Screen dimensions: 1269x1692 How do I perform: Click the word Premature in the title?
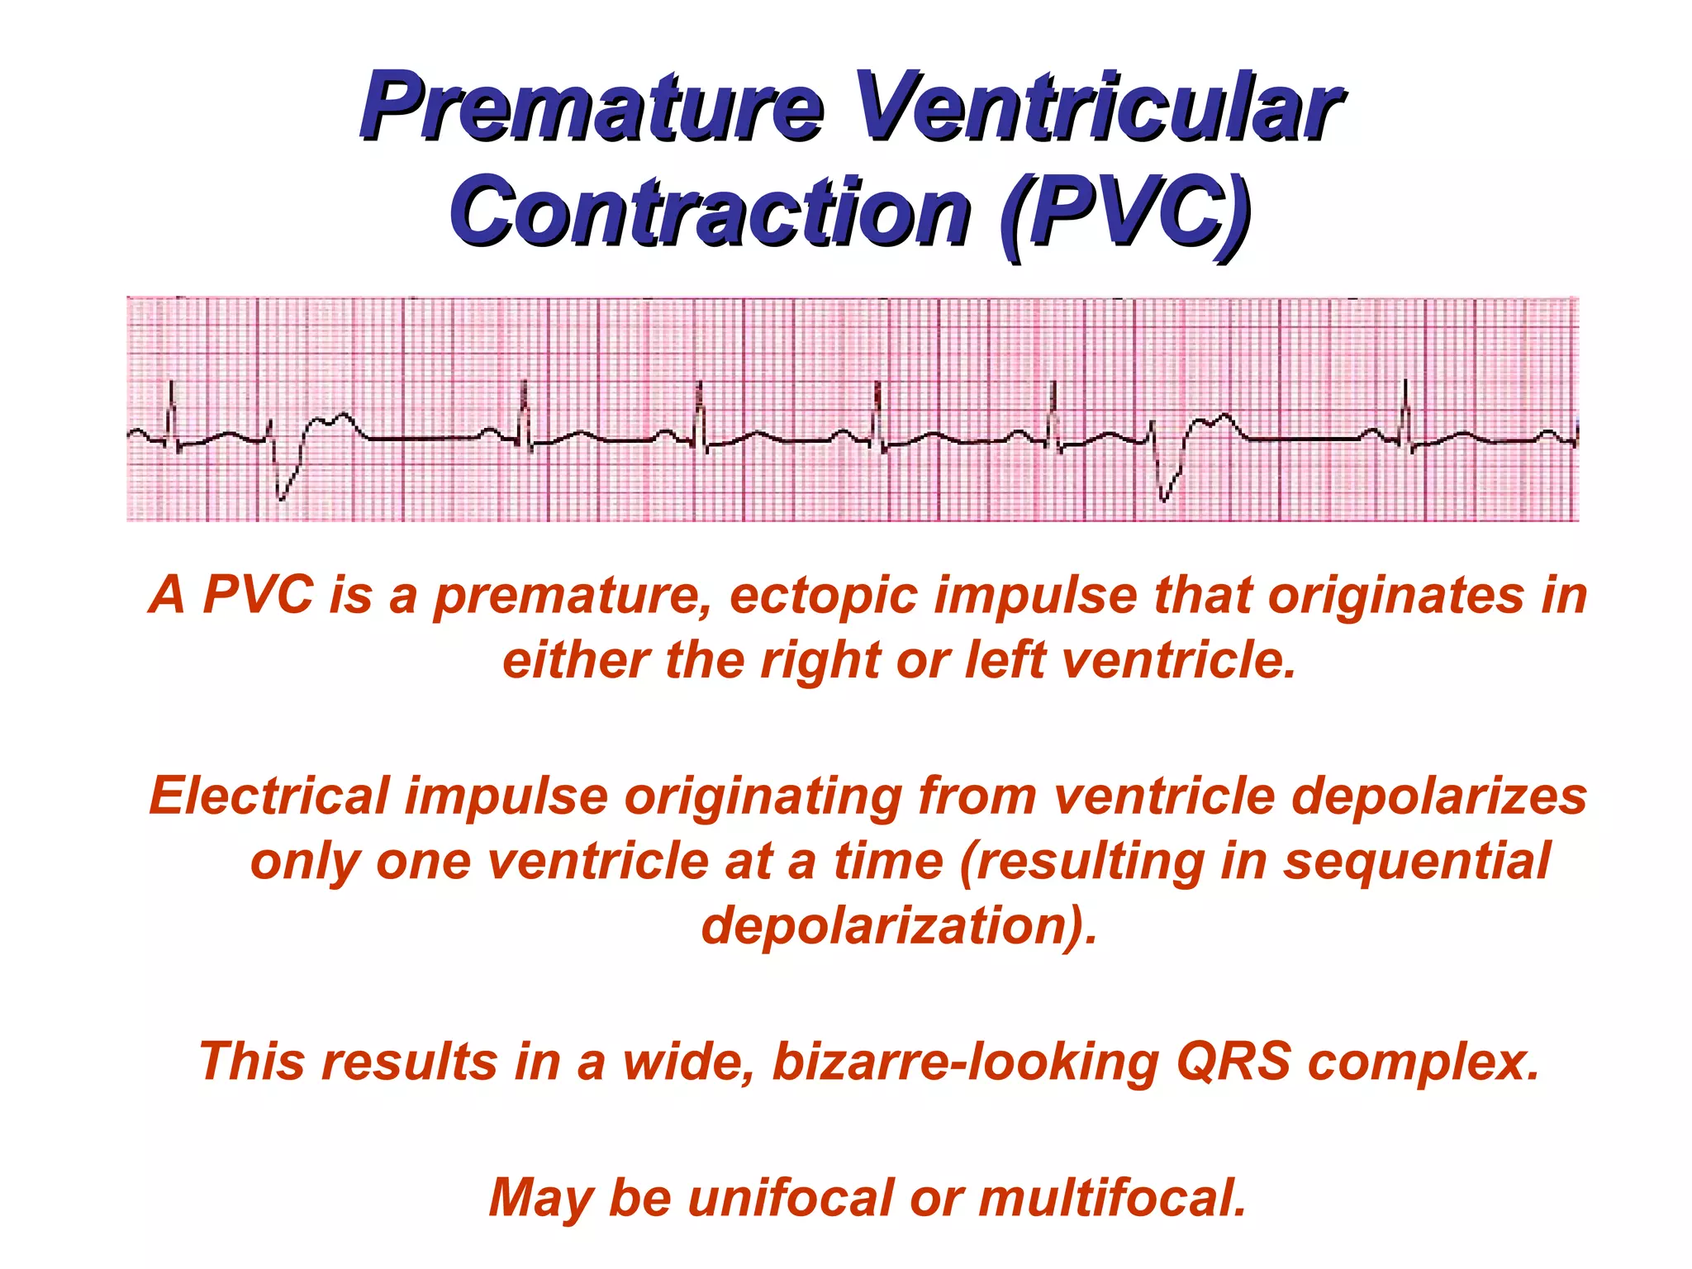591,107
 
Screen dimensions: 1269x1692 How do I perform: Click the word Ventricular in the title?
1097,107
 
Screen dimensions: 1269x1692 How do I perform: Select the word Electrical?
269,796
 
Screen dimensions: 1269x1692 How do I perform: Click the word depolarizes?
1438,798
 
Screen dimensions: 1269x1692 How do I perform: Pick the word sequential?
1416,862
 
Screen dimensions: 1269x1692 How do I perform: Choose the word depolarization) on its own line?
899,926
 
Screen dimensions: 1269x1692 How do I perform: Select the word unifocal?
789,1198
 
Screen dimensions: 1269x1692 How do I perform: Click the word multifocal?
1112,1198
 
